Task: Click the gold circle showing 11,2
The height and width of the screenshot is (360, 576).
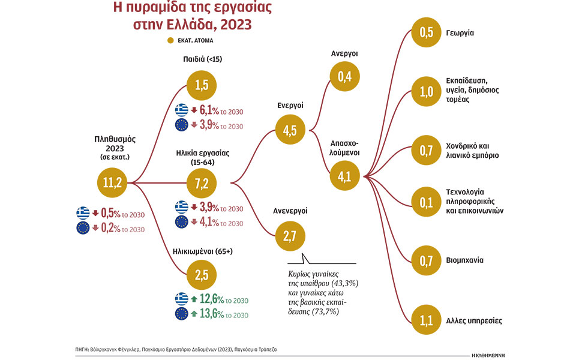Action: click(113, 182)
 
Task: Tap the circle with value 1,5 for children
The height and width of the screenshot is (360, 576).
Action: click(201, 86)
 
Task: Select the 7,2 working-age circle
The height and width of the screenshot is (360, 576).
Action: click(201, 181)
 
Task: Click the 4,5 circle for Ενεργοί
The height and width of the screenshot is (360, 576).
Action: click(290, 131)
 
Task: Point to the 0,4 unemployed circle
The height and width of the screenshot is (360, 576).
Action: click(344, 77)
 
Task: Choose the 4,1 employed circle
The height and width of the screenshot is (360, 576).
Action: click(344, 176)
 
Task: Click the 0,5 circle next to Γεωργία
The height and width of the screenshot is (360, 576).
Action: click(427, 33)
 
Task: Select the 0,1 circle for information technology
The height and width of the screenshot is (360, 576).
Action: click(427, 203)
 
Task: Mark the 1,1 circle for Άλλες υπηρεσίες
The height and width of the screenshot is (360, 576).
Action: click(427, 320)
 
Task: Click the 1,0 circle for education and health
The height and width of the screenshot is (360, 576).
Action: click(427, 91)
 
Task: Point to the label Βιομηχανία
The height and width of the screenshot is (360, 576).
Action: click(464, 261)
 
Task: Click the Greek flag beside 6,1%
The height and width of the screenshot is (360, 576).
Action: click(181, 110)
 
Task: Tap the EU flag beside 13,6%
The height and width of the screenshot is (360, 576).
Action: click(181, 314)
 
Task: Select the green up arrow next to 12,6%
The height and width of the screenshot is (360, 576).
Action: click(194, 299)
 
